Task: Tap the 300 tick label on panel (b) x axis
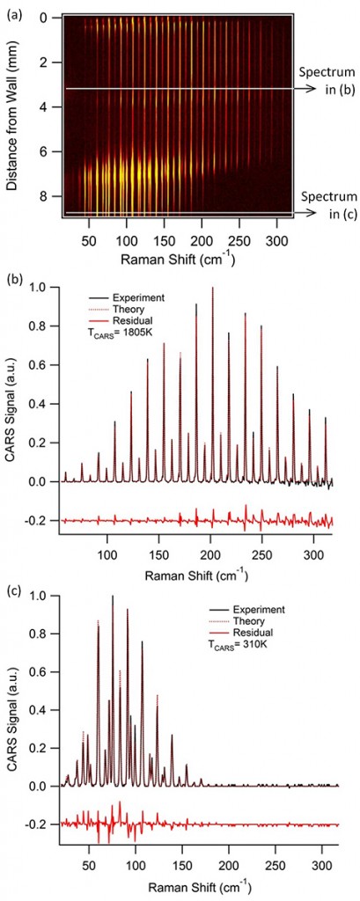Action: click(261, 554)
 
